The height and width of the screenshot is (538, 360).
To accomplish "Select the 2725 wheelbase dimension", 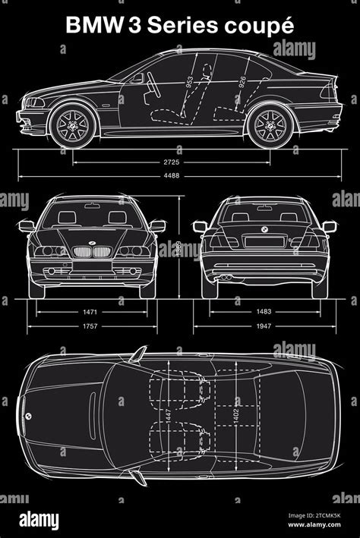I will [172, 162].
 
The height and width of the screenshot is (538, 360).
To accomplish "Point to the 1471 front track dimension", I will [90, 312].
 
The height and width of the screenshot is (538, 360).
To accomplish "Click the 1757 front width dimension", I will [90, 328].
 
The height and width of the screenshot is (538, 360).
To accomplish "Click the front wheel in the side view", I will [73, 124].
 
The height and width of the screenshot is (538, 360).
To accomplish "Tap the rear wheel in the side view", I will [270, 124].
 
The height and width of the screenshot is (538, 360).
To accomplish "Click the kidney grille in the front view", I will [91, 251].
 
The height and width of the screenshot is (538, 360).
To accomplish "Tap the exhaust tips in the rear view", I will [226, 278].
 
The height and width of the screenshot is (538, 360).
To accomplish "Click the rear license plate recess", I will [262, 241].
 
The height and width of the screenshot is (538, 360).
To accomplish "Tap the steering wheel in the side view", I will [150, 83].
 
